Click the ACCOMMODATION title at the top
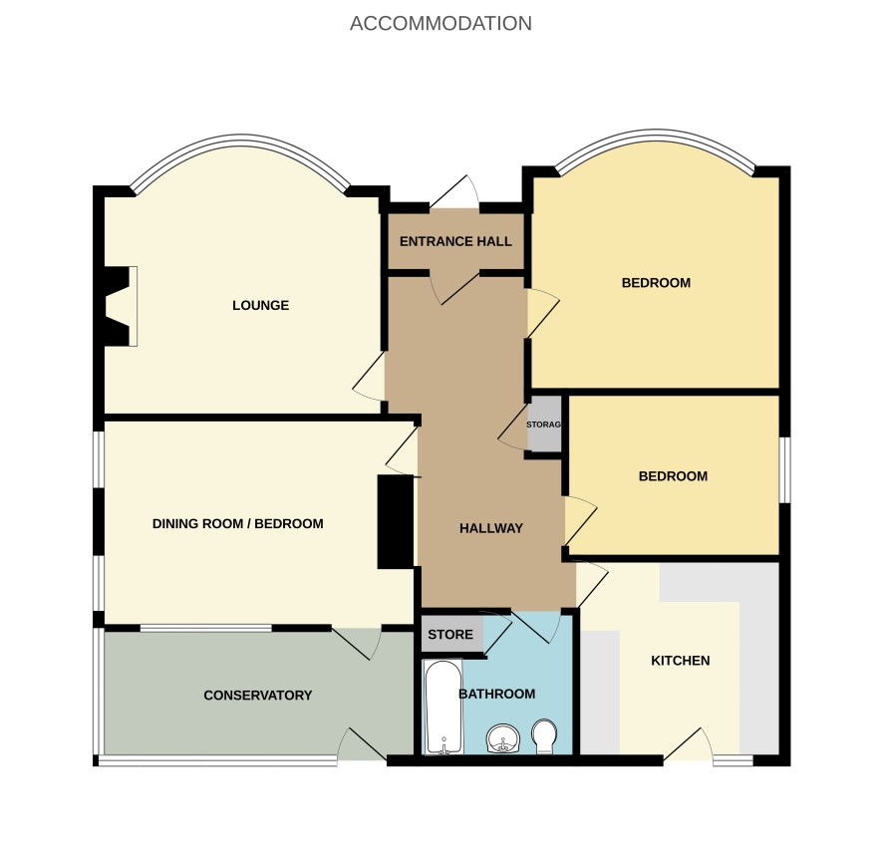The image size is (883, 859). tap(441, 24)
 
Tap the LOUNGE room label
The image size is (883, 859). tap(261, 305)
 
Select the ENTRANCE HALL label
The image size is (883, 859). tap(455, 241)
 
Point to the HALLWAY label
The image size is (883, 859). tap(491, 528)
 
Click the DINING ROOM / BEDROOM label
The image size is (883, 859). tap(237, 523)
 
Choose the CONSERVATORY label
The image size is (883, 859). tap(258, 696)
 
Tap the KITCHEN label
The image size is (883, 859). tap(681, 661)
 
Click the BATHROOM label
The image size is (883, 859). tap(497, 694)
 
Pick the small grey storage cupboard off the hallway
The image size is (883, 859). tap(544, 424)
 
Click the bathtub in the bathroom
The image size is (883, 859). tap(443, 707)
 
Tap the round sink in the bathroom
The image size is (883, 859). tap(503, 738)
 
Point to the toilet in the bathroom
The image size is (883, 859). tap(544, 736)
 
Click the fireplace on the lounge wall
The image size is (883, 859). tap(120, 306)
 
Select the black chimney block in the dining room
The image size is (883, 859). tap(396, 522)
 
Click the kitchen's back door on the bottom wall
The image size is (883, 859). tap(688, 744)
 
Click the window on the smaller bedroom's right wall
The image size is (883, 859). tap(784, 469)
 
